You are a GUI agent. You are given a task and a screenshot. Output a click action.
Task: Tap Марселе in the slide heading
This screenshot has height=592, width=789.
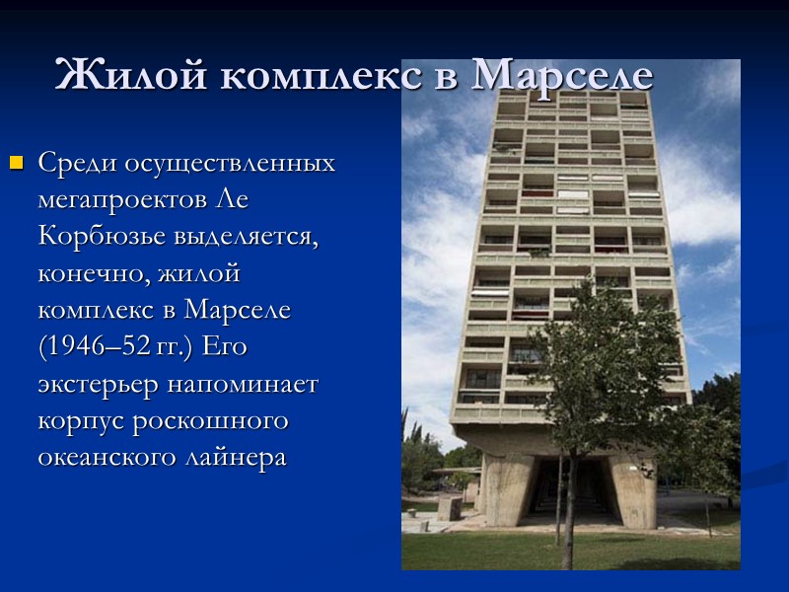tap(561, 75)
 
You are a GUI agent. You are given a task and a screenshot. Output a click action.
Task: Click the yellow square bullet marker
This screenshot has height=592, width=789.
tap(15, 162)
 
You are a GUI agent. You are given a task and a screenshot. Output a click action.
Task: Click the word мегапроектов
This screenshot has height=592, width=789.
tap(121, 200)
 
